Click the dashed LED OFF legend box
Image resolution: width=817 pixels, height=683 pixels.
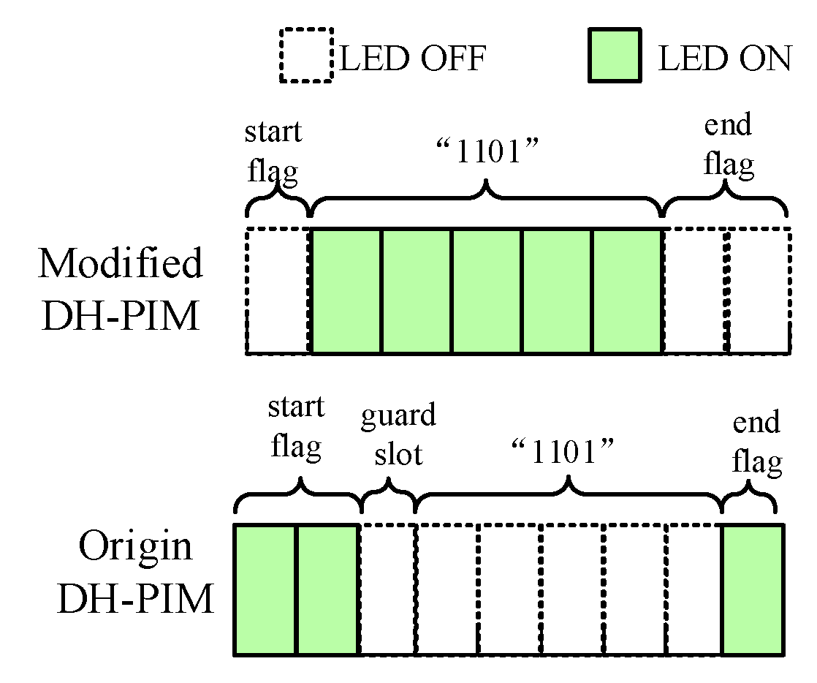pos(305,55)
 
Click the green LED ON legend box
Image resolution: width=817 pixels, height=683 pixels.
pos(614,55)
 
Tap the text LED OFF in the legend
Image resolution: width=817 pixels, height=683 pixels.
pos(413,59)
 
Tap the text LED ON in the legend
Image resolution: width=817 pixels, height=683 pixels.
pos(724,59)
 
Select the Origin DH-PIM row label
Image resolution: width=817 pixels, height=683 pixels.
pos(136,573)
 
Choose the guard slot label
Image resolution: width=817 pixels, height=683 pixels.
pos(398,435)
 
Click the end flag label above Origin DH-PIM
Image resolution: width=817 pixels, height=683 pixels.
pos(756,442)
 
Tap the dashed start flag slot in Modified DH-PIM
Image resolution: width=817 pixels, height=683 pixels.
pos(278,291)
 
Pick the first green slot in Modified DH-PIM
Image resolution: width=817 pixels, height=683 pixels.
pos(346,291)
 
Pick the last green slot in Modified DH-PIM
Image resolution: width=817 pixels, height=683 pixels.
pos(626,291)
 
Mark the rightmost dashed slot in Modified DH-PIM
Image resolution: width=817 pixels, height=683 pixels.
pos(759,291)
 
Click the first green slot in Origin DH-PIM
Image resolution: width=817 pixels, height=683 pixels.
pos(265,589)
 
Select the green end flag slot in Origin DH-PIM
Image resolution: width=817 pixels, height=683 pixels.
pos(753,589)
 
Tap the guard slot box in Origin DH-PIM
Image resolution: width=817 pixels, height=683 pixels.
pos(387,589)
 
